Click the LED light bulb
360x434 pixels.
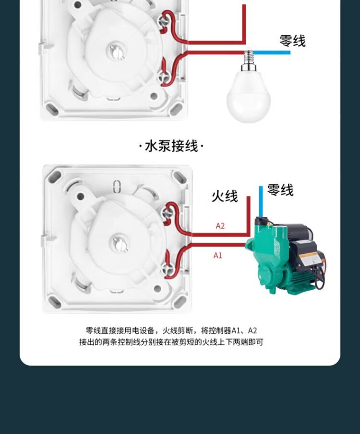[x=248, y=96]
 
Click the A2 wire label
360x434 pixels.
[x=220, y=226]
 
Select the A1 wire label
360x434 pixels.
[x=218, y=256]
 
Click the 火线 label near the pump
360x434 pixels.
[x=224, y=196]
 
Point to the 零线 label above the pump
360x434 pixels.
[x=280, y=190]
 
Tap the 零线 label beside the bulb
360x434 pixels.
[x=292, y=41]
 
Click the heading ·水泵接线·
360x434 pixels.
[x=171, y=146]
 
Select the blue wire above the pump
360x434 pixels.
[x=261, y=201]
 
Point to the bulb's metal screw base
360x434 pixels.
[x=249, y=60]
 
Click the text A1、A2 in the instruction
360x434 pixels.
[x=244, y=330]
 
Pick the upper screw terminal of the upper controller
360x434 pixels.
[x=168, y=18]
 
